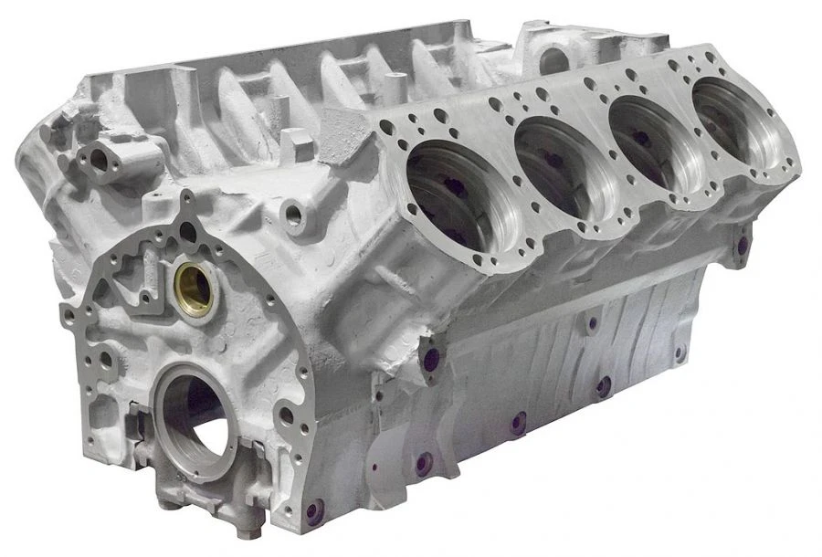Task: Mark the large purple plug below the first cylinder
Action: point(430,359)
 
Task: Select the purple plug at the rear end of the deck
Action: point(742,245)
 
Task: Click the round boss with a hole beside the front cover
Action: point(293,215)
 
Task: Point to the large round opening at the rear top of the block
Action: point(553,60)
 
